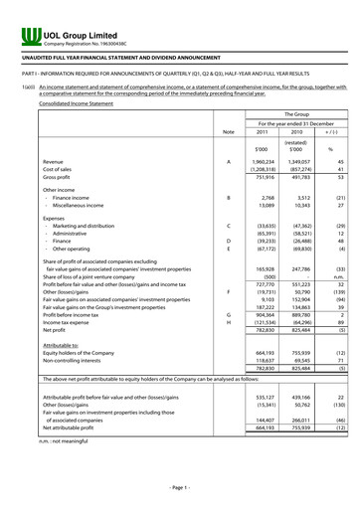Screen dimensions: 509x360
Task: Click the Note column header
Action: [x=229, y=132]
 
